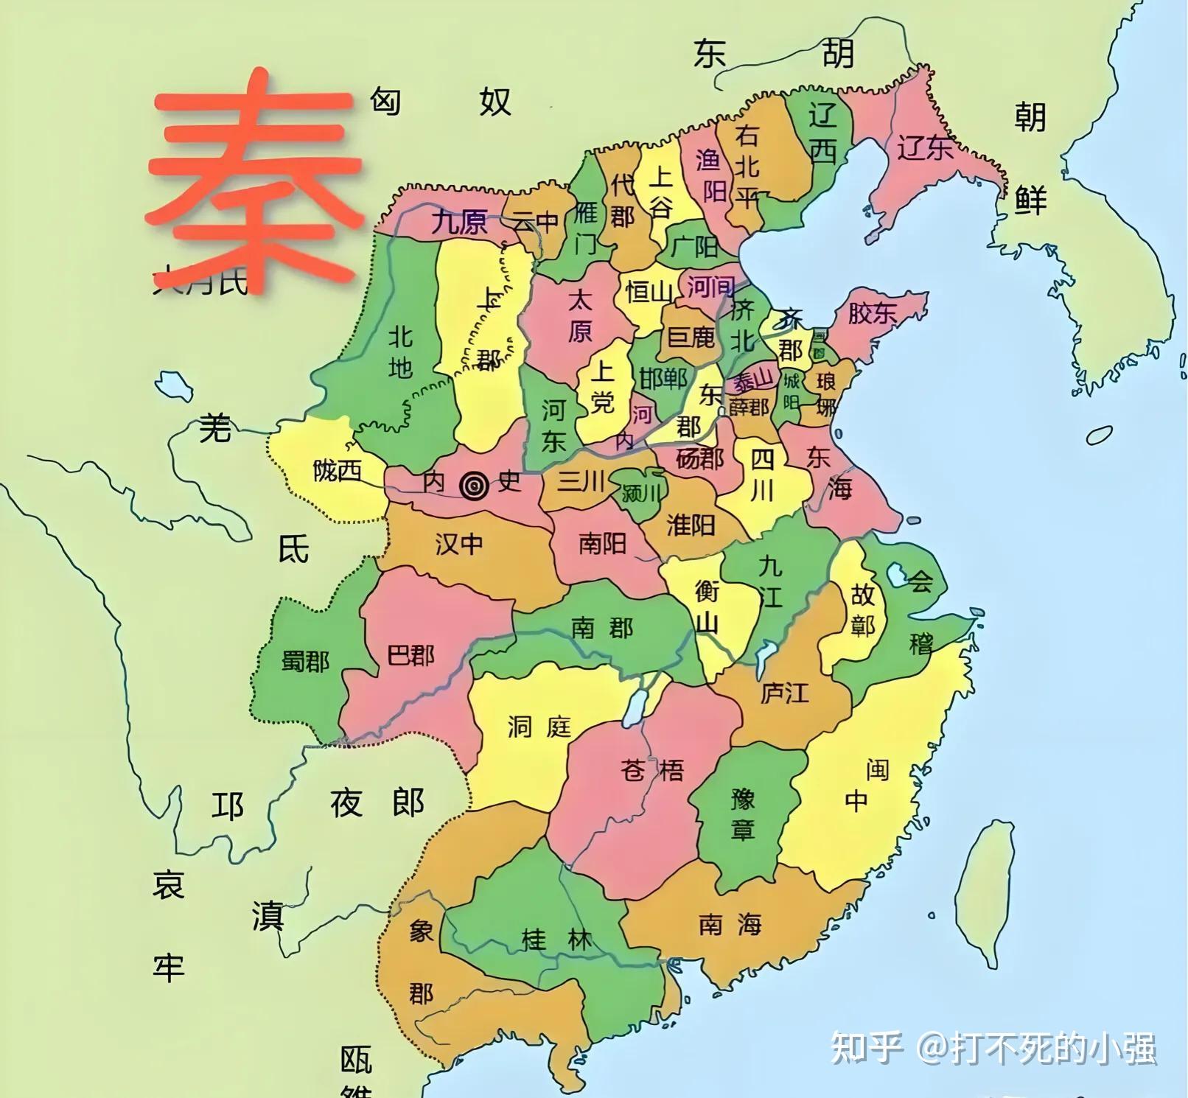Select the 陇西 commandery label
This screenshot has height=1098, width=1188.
click(x=337, y=470)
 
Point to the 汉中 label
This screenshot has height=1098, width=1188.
click(x=458, y=544)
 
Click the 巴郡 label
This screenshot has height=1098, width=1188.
click(x=410, y=654)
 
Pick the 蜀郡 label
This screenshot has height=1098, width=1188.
click(x=305, y=660)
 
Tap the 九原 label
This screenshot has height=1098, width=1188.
click(x=458, y=222)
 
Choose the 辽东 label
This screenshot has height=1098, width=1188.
click(x=924, y=148)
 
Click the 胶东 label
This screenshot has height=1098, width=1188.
click(x=872, y=313)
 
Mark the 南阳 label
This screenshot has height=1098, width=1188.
click(x=602, y=543)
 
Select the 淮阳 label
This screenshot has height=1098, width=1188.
click(x=691, y=525)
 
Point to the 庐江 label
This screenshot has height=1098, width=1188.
click(x=784, y=693)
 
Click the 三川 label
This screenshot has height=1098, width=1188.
click(x=581, y=481)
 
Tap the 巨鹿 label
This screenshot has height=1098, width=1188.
click(x=691, y=338)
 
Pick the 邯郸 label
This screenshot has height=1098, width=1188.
click(x=663, y=378)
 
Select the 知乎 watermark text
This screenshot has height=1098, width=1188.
click(x=867, y=1047)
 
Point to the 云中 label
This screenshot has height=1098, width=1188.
click(x=536, y=220)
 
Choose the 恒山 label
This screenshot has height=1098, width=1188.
click(x=649, y=292)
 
